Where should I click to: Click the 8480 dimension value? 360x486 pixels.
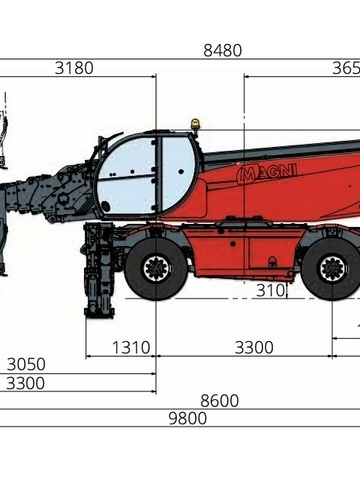tap(222, 50)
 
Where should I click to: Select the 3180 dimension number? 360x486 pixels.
tap(74, 69)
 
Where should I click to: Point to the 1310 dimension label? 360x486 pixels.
tap(130, 348)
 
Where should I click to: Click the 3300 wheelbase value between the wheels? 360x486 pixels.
tap(254, 348)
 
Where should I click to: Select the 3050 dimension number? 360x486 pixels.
tap(25, 364)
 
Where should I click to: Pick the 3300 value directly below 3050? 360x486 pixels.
tap(25, 383)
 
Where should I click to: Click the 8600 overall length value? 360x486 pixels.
tap(219, 401)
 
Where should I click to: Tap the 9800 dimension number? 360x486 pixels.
tap(187, 419)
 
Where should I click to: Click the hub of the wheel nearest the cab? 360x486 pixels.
tap(156, 268)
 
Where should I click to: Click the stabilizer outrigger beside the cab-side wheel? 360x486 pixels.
tap(99, 275)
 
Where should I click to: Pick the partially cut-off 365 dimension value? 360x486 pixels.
tap(345, 69)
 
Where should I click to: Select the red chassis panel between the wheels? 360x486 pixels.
tap(240, 255)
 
